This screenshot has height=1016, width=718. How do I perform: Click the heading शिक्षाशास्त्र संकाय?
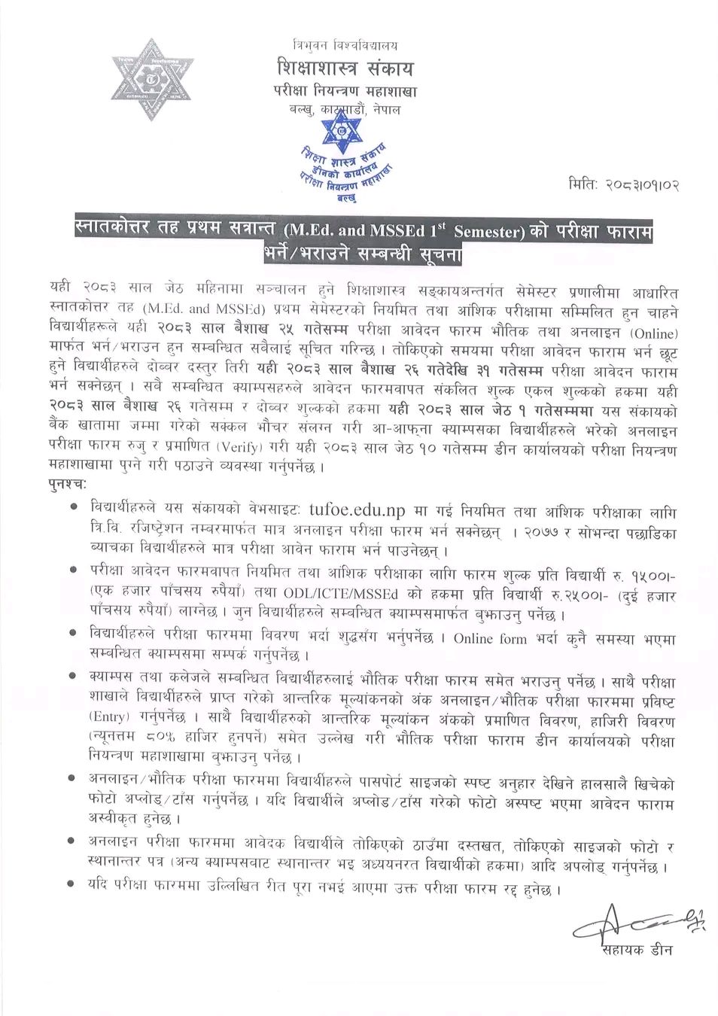tap(345, 69)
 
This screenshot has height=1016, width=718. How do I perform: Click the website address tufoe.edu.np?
tap(353, 512)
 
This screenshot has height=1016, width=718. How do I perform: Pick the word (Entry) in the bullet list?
tap(108, 715)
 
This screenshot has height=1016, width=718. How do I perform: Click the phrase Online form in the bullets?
tap(484, 638)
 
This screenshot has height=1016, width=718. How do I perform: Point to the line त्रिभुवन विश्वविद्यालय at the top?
tap(346, 45)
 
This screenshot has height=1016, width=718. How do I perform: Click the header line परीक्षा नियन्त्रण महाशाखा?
tap(345, 92)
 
